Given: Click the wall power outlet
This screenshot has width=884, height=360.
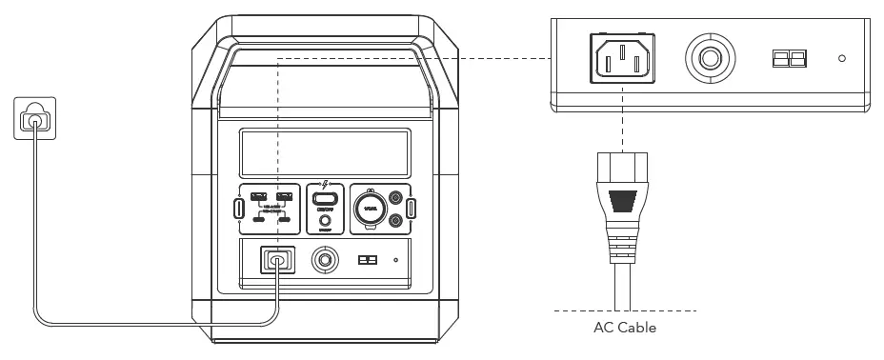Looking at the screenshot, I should coord(35,120).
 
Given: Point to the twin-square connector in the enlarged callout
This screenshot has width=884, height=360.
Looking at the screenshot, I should coord(789,59).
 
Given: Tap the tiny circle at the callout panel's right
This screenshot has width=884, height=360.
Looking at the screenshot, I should coord(841,59).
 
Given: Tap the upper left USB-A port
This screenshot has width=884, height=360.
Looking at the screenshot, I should coord(257,199).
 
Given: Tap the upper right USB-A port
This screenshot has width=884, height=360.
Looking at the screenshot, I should coord(284,199).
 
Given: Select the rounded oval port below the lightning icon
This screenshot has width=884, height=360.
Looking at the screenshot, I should coord(326,200).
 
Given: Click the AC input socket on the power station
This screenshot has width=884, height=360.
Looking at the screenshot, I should coord(277,260).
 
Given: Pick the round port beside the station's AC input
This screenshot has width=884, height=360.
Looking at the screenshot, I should coord(326,260).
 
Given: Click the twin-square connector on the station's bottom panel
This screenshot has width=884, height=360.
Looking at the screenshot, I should coord(367,260).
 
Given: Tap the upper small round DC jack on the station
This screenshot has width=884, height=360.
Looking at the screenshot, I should coord(397,200).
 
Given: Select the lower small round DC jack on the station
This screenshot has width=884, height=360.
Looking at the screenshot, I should coord(397,221).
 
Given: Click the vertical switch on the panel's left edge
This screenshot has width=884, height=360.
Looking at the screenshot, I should coord(238,209).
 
